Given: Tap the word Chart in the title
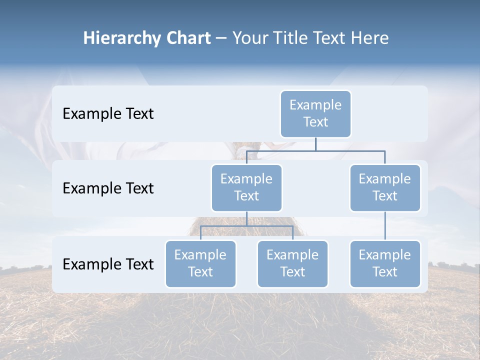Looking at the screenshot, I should [x=186, y=38].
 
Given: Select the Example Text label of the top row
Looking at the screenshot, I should [x=108, y=114].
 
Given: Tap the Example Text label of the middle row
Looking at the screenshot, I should [x=108, y=188].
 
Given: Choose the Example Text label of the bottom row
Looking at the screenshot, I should [x=108, y=264].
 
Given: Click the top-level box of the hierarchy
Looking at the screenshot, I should [x=315, y=114].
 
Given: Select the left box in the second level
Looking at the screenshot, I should [x=246, y=188].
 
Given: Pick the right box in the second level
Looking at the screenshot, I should [x=385, y=188].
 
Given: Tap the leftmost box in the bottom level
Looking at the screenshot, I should [x=200, y=264].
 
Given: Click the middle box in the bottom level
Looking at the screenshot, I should [x=292, y=264].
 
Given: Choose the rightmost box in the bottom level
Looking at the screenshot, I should [x=385, y=264].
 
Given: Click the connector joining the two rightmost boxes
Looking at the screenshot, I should [x=385, y=226].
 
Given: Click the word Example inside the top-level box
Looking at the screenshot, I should [x=315, y=105].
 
